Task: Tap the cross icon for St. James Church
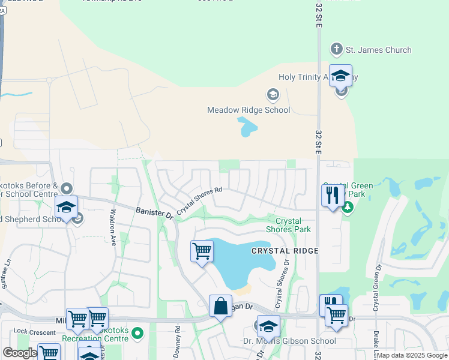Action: pyautogui.click(x=336, y=50)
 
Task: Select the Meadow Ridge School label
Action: pyautogui.click(x=249, y=110)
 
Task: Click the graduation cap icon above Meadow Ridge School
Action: pyautogui.click(x=273, y=95)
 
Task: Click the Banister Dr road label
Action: pyautogui.click(x=154, y=212)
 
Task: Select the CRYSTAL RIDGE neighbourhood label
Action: pyautogui.click(x=285, y=250)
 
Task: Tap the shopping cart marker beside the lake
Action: pyautogui.click(x=202, y=251)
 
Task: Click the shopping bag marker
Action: pyautogui.click(x=220, y=305)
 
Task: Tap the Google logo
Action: pyautogui.click(x=20, y=352)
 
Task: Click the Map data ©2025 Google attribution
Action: pyautogui.click(x=412, y=355)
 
